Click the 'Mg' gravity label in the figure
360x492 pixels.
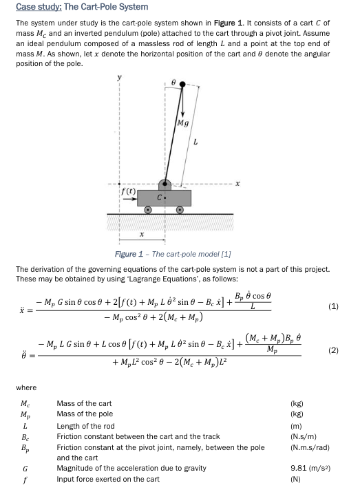182,123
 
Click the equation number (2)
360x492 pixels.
333,350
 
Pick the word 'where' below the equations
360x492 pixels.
26,387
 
